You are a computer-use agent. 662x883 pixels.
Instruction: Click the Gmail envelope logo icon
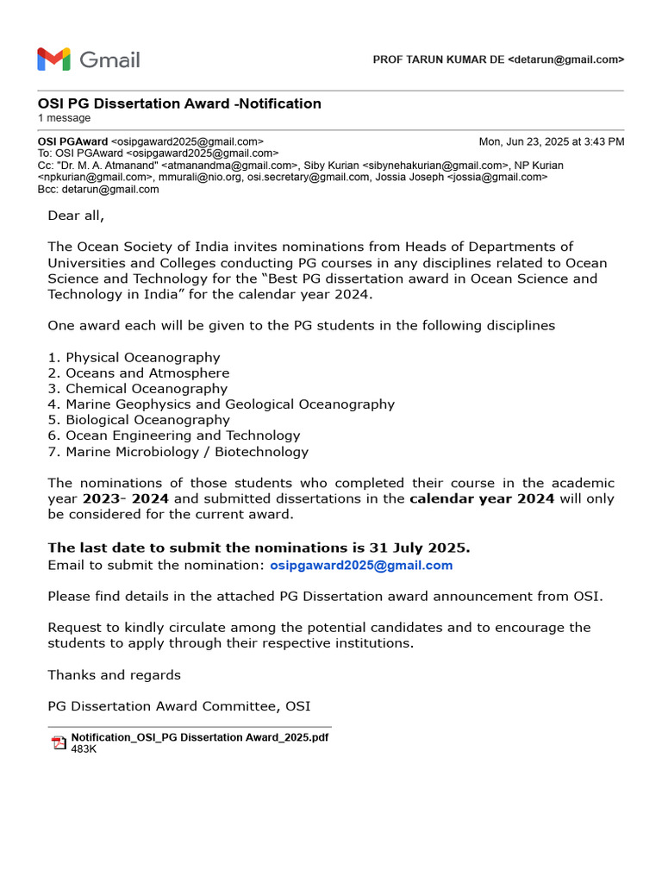(53, 59)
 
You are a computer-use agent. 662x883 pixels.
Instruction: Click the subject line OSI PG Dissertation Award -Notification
(179, 103)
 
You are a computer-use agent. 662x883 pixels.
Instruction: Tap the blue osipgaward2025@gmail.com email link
(361, 566)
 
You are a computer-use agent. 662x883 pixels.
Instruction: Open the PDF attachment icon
(59, 743)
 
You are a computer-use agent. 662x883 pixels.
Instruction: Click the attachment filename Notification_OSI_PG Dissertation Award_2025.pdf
(199, 737)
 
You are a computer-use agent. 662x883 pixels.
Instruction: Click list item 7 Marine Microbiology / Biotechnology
(178, 452)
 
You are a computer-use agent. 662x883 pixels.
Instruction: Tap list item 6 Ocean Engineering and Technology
(173, 436)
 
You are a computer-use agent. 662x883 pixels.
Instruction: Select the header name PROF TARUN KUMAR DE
(438, 59)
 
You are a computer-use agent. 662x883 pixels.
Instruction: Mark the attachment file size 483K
(84, 749)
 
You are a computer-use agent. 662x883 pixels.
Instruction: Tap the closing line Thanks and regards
(114, 675)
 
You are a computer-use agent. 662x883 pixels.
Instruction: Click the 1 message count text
(64, 118)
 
